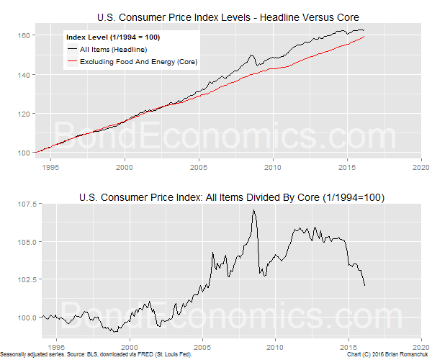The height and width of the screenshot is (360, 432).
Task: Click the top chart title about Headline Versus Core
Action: click(228, 17)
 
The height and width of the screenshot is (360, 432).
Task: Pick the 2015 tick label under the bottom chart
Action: click(348, 343)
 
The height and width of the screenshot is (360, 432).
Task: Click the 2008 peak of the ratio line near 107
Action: click(253, 211)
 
